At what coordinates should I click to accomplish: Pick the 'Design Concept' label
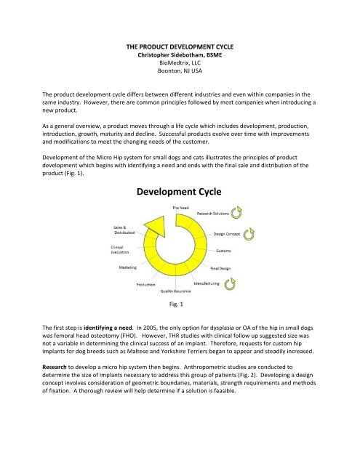229,235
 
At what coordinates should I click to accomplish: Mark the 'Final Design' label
225,268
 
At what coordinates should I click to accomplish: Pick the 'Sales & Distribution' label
124,231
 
